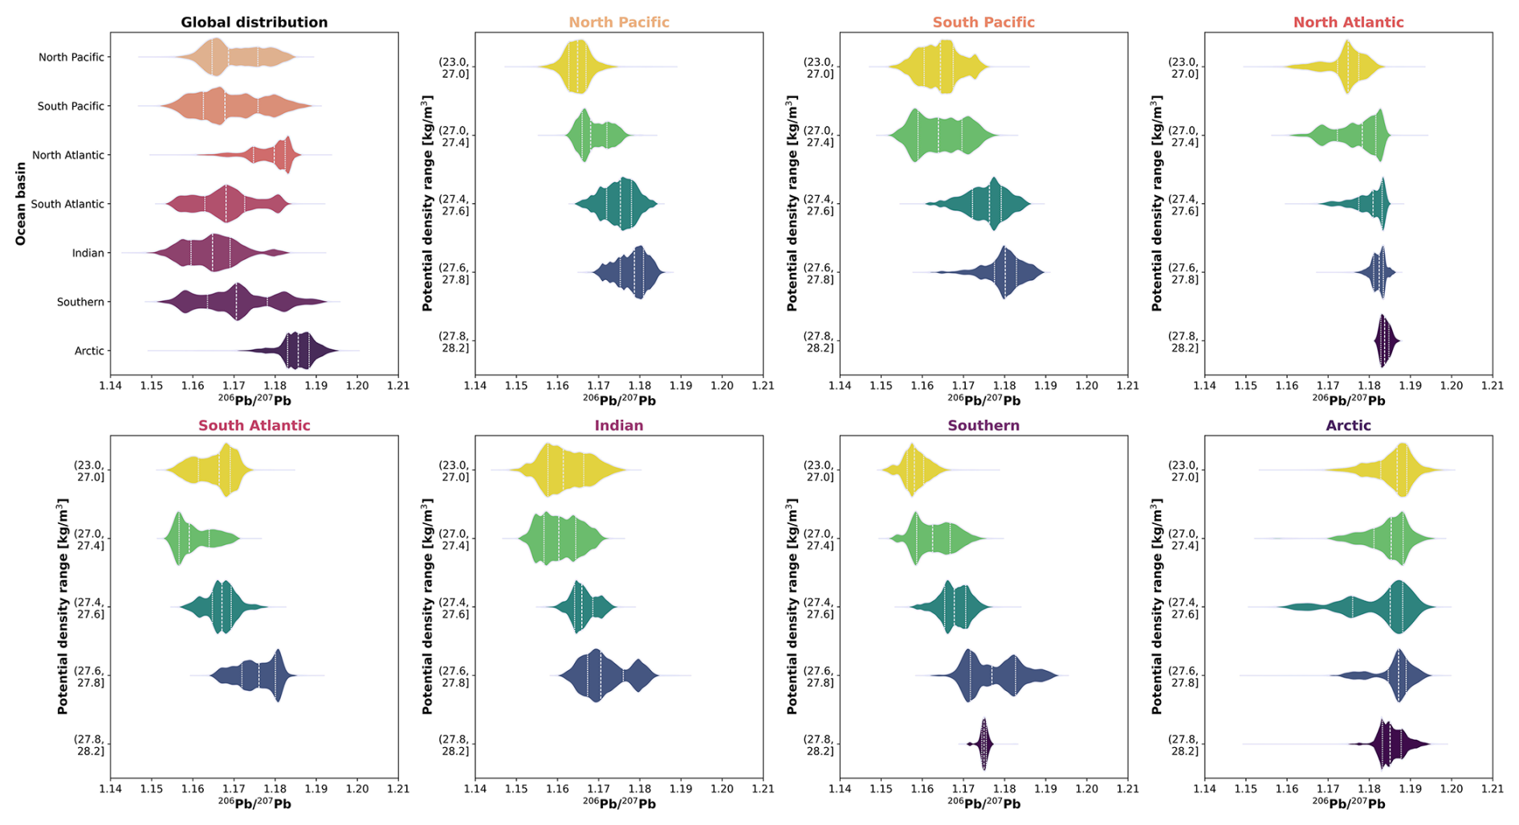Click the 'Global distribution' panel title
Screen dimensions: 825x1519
pyautogui.click(x=254, y=22)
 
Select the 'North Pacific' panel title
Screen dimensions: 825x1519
pyautogui.click(x=619, y=22)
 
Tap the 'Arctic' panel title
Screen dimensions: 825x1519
pyautogui.click(x=1348, y=425)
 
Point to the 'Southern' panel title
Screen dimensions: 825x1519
pyautogui.click(x=983, y=425)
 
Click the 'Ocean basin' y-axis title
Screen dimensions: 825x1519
pyautogui.click(x=21, y=204)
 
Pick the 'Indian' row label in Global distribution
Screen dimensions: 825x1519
pyautogui.click(x=88, y=253)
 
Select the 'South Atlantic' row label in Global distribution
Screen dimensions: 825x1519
pyautogui.click(x=67, y=204)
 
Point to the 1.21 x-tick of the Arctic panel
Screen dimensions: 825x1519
pyautogui.click(x=1492, y=789)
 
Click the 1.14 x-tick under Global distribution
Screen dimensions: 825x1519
pyautogui.click(x=111, y=386)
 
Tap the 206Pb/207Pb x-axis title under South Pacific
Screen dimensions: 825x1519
pyautogui.click(x=983, y=400)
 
